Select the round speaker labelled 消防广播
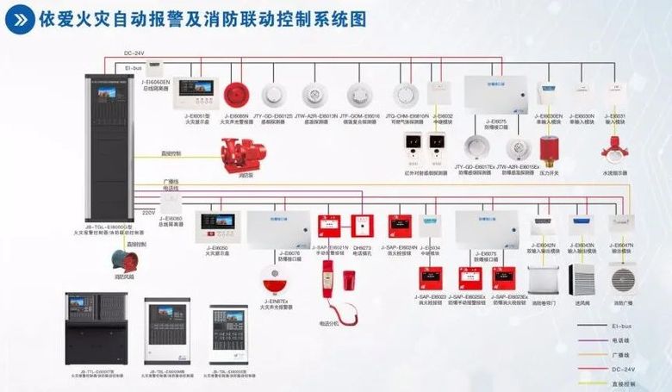(x=622, y=280)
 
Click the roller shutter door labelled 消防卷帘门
(x=543, y=280)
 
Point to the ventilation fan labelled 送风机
(x=582, y=280)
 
